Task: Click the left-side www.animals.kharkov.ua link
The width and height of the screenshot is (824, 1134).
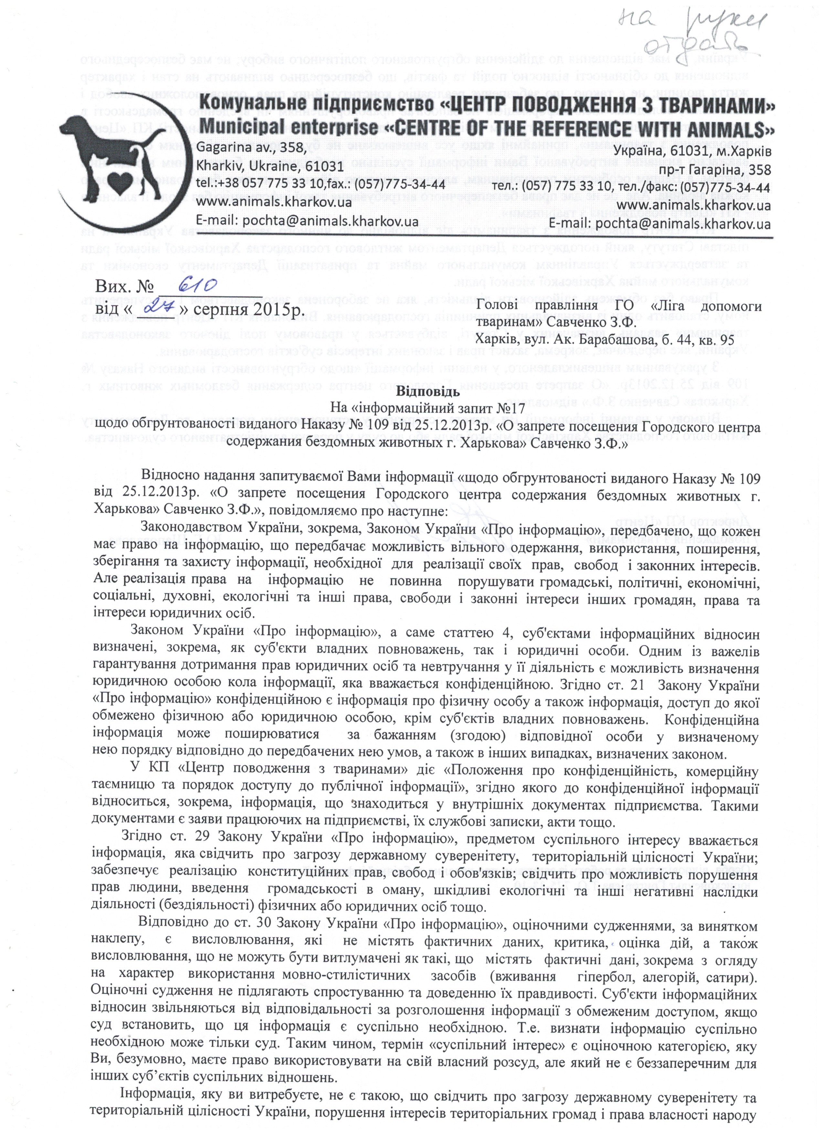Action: (274, 202)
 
